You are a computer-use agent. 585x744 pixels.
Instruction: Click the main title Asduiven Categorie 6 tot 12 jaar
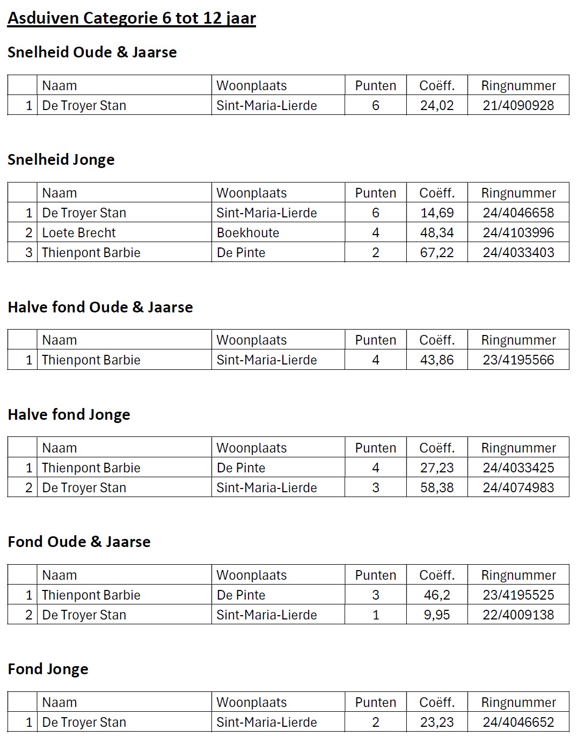[131, 19]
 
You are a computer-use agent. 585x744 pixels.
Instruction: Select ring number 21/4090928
[518, 105]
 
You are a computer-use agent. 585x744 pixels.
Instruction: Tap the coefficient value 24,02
[437, 105]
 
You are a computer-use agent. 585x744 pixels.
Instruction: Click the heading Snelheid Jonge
[61, 159]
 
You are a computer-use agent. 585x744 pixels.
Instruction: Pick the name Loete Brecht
[79, 232]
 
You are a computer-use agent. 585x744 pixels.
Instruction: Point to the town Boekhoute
[248, 232]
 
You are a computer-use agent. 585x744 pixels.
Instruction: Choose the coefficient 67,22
[437, 252]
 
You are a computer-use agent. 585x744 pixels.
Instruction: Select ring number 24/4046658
[518, 213]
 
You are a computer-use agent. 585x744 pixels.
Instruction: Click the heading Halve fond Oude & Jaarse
[100, 307]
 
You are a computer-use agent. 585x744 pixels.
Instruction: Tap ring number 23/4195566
[518, 360]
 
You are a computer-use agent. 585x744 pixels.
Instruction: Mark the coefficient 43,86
[437, 360]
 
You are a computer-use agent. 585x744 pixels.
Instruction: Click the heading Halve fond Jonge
[69, 414]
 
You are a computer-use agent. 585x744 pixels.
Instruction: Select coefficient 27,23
[437, 468]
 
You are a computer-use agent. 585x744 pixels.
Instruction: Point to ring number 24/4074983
[518, 487]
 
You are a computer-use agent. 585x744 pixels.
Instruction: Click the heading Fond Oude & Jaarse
[79, 542]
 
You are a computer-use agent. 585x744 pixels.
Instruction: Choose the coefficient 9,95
[437, 615]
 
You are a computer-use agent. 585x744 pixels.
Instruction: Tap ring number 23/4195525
[518, 595]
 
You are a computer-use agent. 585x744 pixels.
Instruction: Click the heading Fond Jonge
[48, 669]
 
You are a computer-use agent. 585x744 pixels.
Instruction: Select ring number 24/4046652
[518, 722]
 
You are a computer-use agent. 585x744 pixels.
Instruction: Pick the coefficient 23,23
[437, 722]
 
